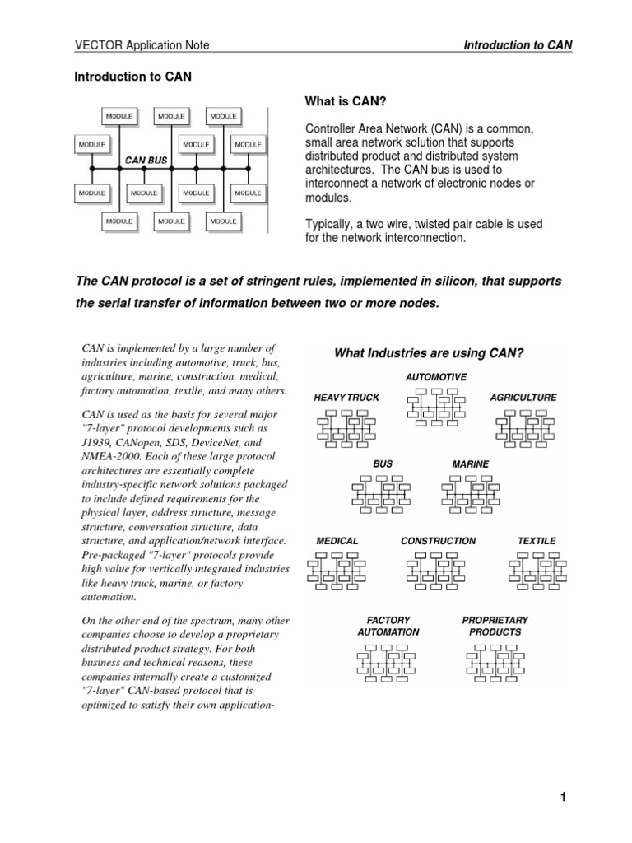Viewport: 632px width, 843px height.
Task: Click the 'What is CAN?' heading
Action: (x=346, y=101)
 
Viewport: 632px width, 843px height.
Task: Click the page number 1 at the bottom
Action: (x=564, y=797)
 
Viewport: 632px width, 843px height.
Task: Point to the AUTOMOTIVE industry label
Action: (x=436, y=376)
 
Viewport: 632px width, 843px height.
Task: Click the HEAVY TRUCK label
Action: (x=346, y=398)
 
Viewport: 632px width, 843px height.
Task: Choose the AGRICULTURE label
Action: (x=523, y=398)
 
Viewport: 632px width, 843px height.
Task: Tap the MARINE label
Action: (x=470, y=464)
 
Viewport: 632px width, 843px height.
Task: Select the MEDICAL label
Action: (x=337, y=541)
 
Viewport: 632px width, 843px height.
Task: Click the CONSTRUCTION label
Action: (x=438, y=541)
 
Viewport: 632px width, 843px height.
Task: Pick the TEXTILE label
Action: (x=537, y=541)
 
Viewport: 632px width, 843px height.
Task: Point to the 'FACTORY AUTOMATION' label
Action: (x=388, y=626)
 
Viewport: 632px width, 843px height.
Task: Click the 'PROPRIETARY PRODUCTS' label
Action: (x=495, y=626)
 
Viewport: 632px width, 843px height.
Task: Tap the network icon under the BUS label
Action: (x=383, y=494)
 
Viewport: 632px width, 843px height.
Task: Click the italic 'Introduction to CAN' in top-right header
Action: (x=518, y=45)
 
